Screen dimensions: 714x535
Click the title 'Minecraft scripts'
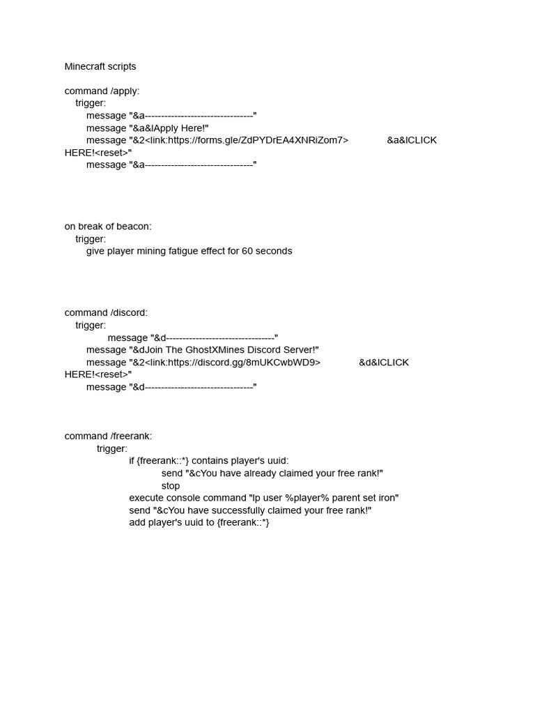100,67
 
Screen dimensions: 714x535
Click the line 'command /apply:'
102,91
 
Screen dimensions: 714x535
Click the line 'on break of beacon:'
108,227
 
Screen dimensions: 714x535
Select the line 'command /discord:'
106,313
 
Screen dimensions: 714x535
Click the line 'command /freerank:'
108,436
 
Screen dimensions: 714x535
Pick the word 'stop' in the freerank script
171,486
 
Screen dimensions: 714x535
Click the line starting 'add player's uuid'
199,523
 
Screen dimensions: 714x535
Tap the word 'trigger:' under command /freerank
112,449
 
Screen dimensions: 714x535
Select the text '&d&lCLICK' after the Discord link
384,363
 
